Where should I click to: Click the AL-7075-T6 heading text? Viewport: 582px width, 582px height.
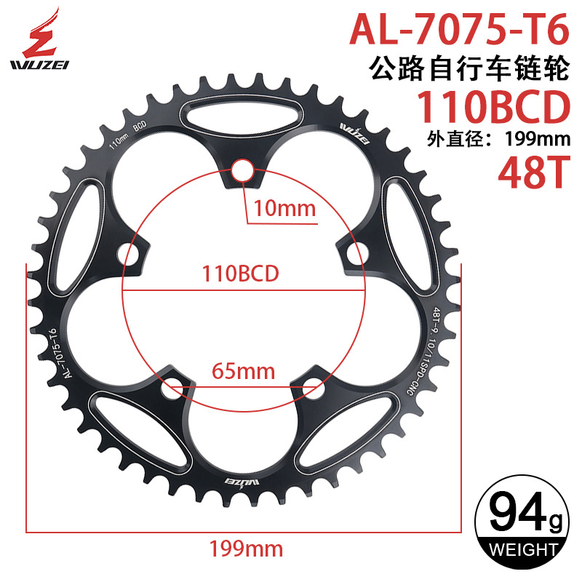click(459, 28)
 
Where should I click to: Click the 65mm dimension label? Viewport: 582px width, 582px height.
click(243, 372)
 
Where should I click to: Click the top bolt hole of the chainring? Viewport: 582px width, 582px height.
click(242, 171)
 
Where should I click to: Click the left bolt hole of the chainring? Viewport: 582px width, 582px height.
click(132, 255)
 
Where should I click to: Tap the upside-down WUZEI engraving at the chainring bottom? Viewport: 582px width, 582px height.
click(243, 482)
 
